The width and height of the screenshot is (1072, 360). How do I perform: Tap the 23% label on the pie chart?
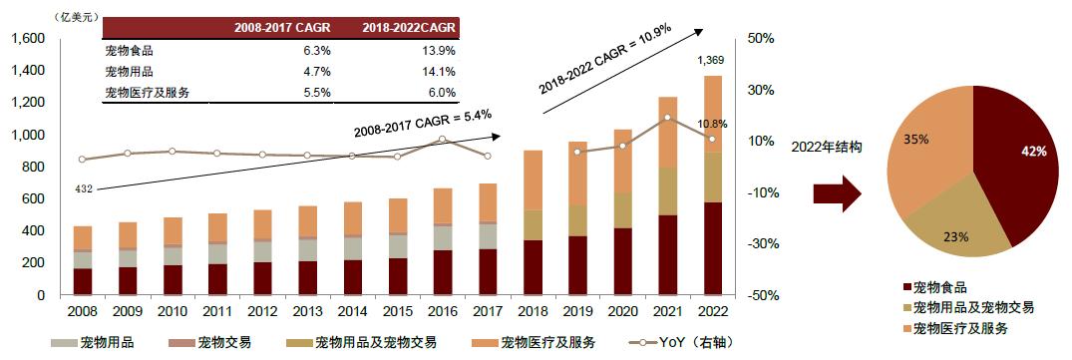(955, 237)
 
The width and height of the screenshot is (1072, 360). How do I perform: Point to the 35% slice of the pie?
(927, 150)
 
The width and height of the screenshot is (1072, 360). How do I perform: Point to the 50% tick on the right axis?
(761, 39)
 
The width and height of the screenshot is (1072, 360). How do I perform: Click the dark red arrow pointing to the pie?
(835, 193)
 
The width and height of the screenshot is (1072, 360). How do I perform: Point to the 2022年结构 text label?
(826, 147)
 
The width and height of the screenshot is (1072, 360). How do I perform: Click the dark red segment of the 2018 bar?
(534, 267)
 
